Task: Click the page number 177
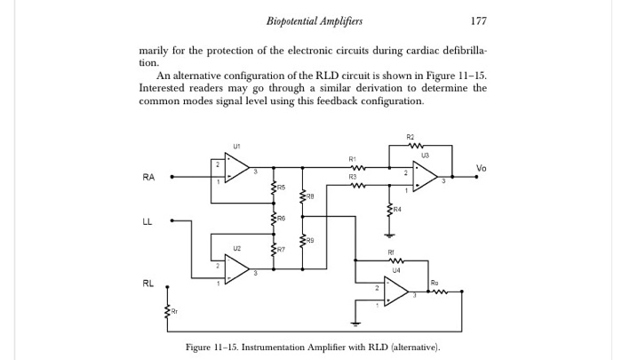[x=479, y=20]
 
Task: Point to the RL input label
[x=148, y=284]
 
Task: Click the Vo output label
[x=481, y=168]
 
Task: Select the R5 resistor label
[x=281, y=188]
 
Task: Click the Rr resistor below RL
[x=167, y=310]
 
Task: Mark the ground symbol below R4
[x=388, y=235]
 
